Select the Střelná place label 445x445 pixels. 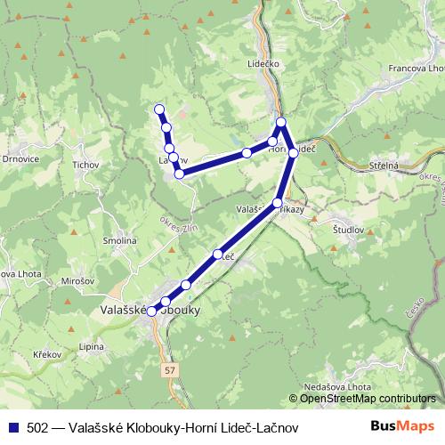383,166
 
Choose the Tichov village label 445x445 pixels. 86,165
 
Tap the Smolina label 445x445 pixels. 118,240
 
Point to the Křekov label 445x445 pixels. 46,354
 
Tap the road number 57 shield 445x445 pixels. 171,367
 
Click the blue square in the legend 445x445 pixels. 11,427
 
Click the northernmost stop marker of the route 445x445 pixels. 160,109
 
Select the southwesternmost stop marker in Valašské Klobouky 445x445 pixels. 152,311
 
